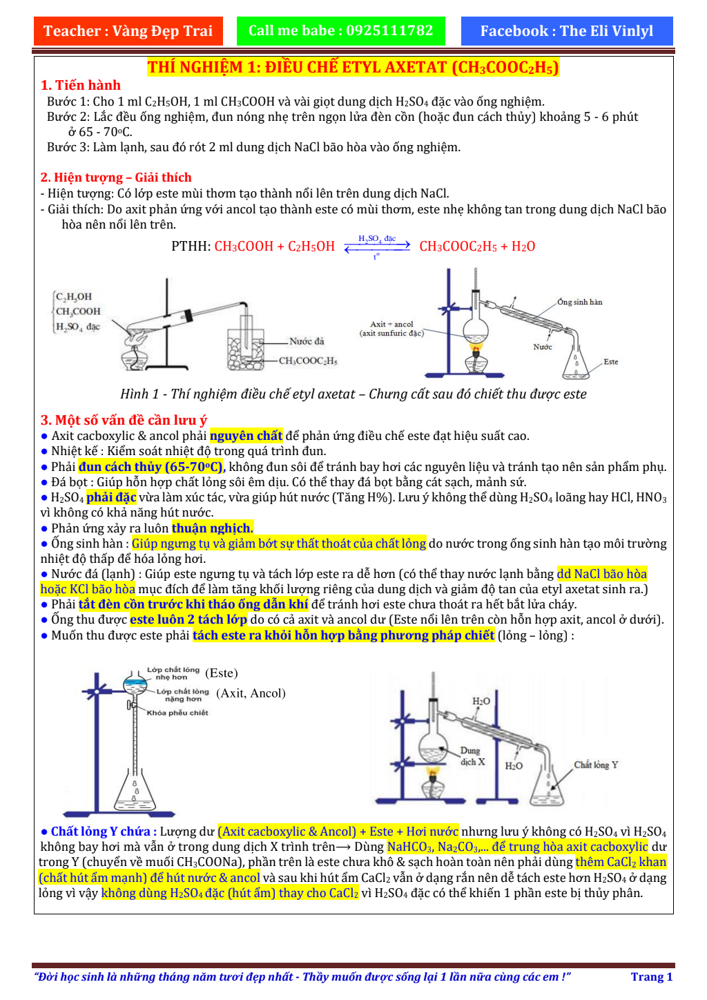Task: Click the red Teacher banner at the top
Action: coord(128,31)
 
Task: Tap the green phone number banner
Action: coord(340,31)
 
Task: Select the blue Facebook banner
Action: coord(566,31)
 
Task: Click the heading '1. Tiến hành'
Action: coord(81,85)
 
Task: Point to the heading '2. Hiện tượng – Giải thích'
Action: coord(116,177)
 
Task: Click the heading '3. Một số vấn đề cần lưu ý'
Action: coord(124,420)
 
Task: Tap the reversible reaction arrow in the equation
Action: coord(377,247)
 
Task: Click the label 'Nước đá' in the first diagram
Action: coord(307,341)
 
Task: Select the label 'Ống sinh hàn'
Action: coord(579,302)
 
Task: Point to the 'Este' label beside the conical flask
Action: coord(610,361)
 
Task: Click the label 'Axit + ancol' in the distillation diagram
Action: coord(391,324)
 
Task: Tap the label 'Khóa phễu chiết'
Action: coord(177,713)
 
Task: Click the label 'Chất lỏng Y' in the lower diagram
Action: coord(596,765)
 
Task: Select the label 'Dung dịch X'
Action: coord(472,756)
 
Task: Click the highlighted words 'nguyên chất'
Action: coord(246,436)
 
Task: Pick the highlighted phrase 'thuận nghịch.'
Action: coord(213,528)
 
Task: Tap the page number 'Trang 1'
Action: coord(651,977)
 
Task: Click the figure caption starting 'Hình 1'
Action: coord(353,394)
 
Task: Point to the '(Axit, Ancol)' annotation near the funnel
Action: coord(251,693)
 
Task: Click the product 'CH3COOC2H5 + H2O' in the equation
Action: coord(477,247)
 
